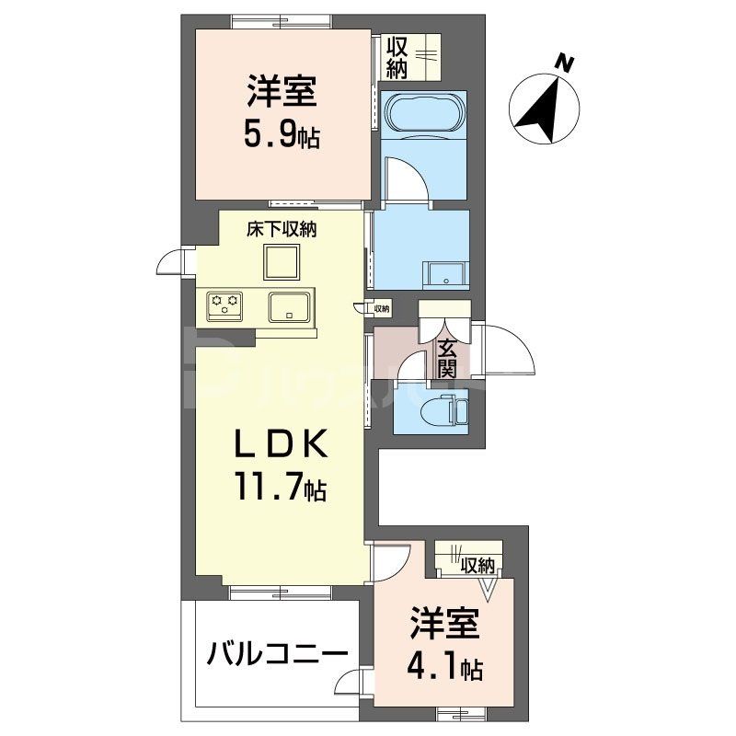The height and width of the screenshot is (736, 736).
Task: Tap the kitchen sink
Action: coord(291,305)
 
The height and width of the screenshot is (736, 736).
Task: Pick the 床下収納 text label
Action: coord(281,231)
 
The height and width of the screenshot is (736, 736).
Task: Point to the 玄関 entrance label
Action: coord(447,359)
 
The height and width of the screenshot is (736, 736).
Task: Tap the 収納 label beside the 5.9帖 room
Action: coord(397,55)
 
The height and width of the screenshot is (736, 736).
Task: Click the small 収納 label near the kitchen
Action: coord(381,309)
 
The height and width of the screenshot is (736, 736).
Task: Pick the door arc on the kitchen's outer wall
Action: coord(172,264)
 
